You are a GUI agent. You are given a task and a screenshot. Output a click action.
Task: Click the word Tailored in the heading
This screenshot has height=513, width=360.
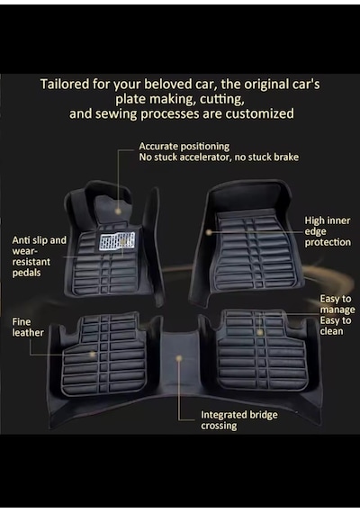(64, 85)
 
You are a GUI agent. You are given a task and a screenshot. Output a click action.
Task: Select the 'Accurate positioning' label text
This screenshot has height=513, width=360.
(184, 146)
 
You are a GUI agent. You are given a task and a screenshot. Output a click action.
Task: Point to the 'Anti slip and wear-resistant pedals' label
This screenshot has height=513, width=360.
(39, 256)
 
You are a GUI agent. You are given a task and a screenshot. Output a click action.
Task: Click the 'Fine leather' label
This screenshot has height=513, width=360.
(28, 328)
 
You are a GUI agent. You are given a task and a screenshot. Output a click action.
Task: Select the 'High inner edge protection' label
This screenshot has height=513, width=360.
(328, 231)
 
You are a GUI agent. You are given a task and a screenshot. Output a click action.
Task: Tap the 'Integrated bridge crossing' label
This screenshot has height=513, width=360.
(239, 420)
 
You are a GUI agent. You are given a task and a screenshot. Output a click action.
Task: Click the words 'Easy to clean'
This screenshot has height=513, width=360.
(336, 326)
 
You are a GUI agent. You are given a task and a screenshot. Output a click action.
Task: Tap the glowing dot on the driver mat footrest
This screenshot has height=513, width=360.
(118, 211)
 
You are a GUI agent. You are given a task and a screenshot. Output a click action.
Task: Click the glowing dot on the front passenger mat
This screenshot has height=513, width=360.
(209, 232)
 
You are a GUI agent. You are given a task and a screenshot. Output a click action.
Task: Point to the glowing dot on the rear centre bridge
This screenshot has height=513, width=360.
(179, 358)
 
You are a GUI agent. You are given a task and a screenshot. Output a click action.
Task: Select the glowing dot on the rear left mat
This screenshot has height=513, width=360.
(93, 354)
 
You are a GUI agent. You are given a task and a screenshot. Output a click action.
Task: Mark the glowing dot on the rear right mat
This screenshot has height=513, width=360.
(260, 332)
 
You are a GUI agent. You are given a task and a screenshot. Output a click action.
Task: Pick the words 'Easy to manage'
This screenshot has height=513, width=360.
(337, 304)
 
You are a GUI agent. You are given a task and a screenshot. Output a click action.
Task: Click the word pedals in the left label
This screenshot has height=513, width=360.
(26, 273)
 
